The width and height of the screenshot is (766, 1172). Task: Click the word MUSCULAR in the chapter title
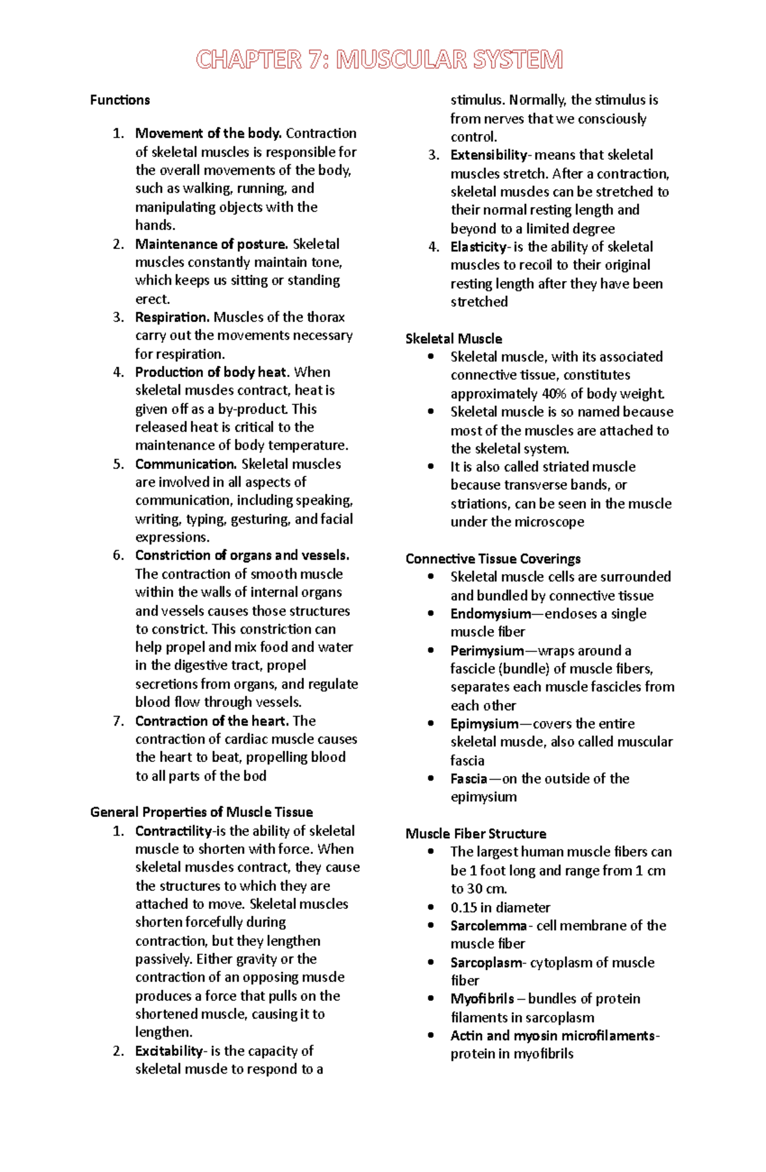pos(402,60)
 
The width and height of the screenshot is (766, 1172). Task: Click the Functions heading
pos(120,100)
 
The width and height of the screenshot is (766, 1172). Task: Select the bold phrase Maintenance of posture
pos(211,244)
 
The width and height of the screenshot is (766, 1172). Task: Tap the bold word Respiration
pos(172,317)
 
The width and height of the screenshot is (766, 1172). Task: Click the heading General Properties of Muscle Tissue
pos(201,812)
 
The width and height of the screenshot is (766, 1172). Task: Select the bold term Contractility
pos(173,831)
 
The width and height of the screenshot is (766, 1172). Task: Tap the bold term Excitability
pos(169,1051)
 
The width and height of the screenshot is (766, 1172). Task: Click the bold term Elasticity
pos(478,247)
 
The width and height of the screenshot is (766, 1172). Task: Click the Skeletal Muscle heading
pos(453,339)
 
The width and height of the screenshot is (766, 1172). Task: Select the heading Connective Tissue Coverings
pos(493,559)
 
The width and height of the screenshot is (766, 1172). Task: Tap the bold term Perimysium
pos(486,651)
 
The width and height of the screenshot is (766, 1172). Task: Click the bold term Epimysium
pos(484,724)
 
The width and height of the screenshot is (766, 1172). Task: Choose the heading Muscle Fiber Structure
pos(476,834)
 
